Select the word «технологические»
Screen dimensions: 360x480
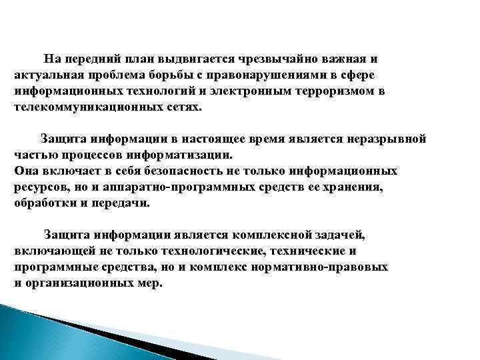coord(189,251)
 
